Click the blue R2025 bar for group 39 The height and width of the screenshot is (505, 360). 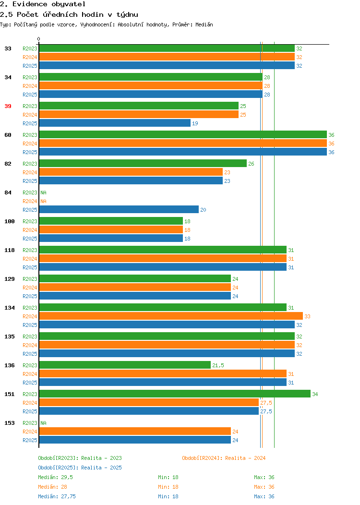click(x=115, y=123)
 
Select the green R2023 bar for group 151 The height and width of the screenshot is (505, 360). click(x=175, y=394)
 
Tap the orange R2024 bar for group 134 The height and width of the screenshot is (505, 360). click(x=171, y=316)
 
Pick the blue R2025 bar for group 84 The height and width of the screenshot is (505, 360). click(x=119, y=210)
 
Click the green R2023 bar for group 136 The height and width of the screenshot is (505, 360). click(x=125, y=365)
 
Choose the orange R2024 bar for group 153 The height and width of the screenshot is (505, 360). click(x=135, y=432)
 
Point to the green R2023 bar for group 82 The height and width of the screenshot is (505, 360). click(x=143, y=164)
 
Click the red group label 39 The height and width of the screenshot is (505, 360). click(x=8, y=106)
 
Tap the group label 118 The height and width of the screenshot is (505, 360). click(x=10, y=250)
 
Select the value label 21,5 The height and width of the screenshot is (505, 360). click(x=218, y=365)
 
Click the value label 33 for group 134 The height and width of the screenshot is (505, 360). click(x=308, y=316)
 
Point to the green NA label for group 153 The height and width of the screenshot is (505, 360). click(x=44, y=423)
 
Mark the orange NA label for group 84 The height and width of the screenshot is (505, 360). click(x=44, y=201)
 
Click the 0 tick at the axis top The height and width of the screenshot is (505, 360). click(x=39, y=39)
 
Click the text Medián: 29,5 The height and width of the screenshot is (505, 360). click(x=55, y=477)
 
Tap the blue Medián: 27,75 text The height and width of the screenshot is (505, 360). click(x=57, y=497)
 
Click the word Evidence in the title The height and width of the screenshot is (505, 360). click(x=30, y=4)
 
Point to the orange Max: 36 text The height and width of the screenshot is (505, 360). click(x=264, y=487)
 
